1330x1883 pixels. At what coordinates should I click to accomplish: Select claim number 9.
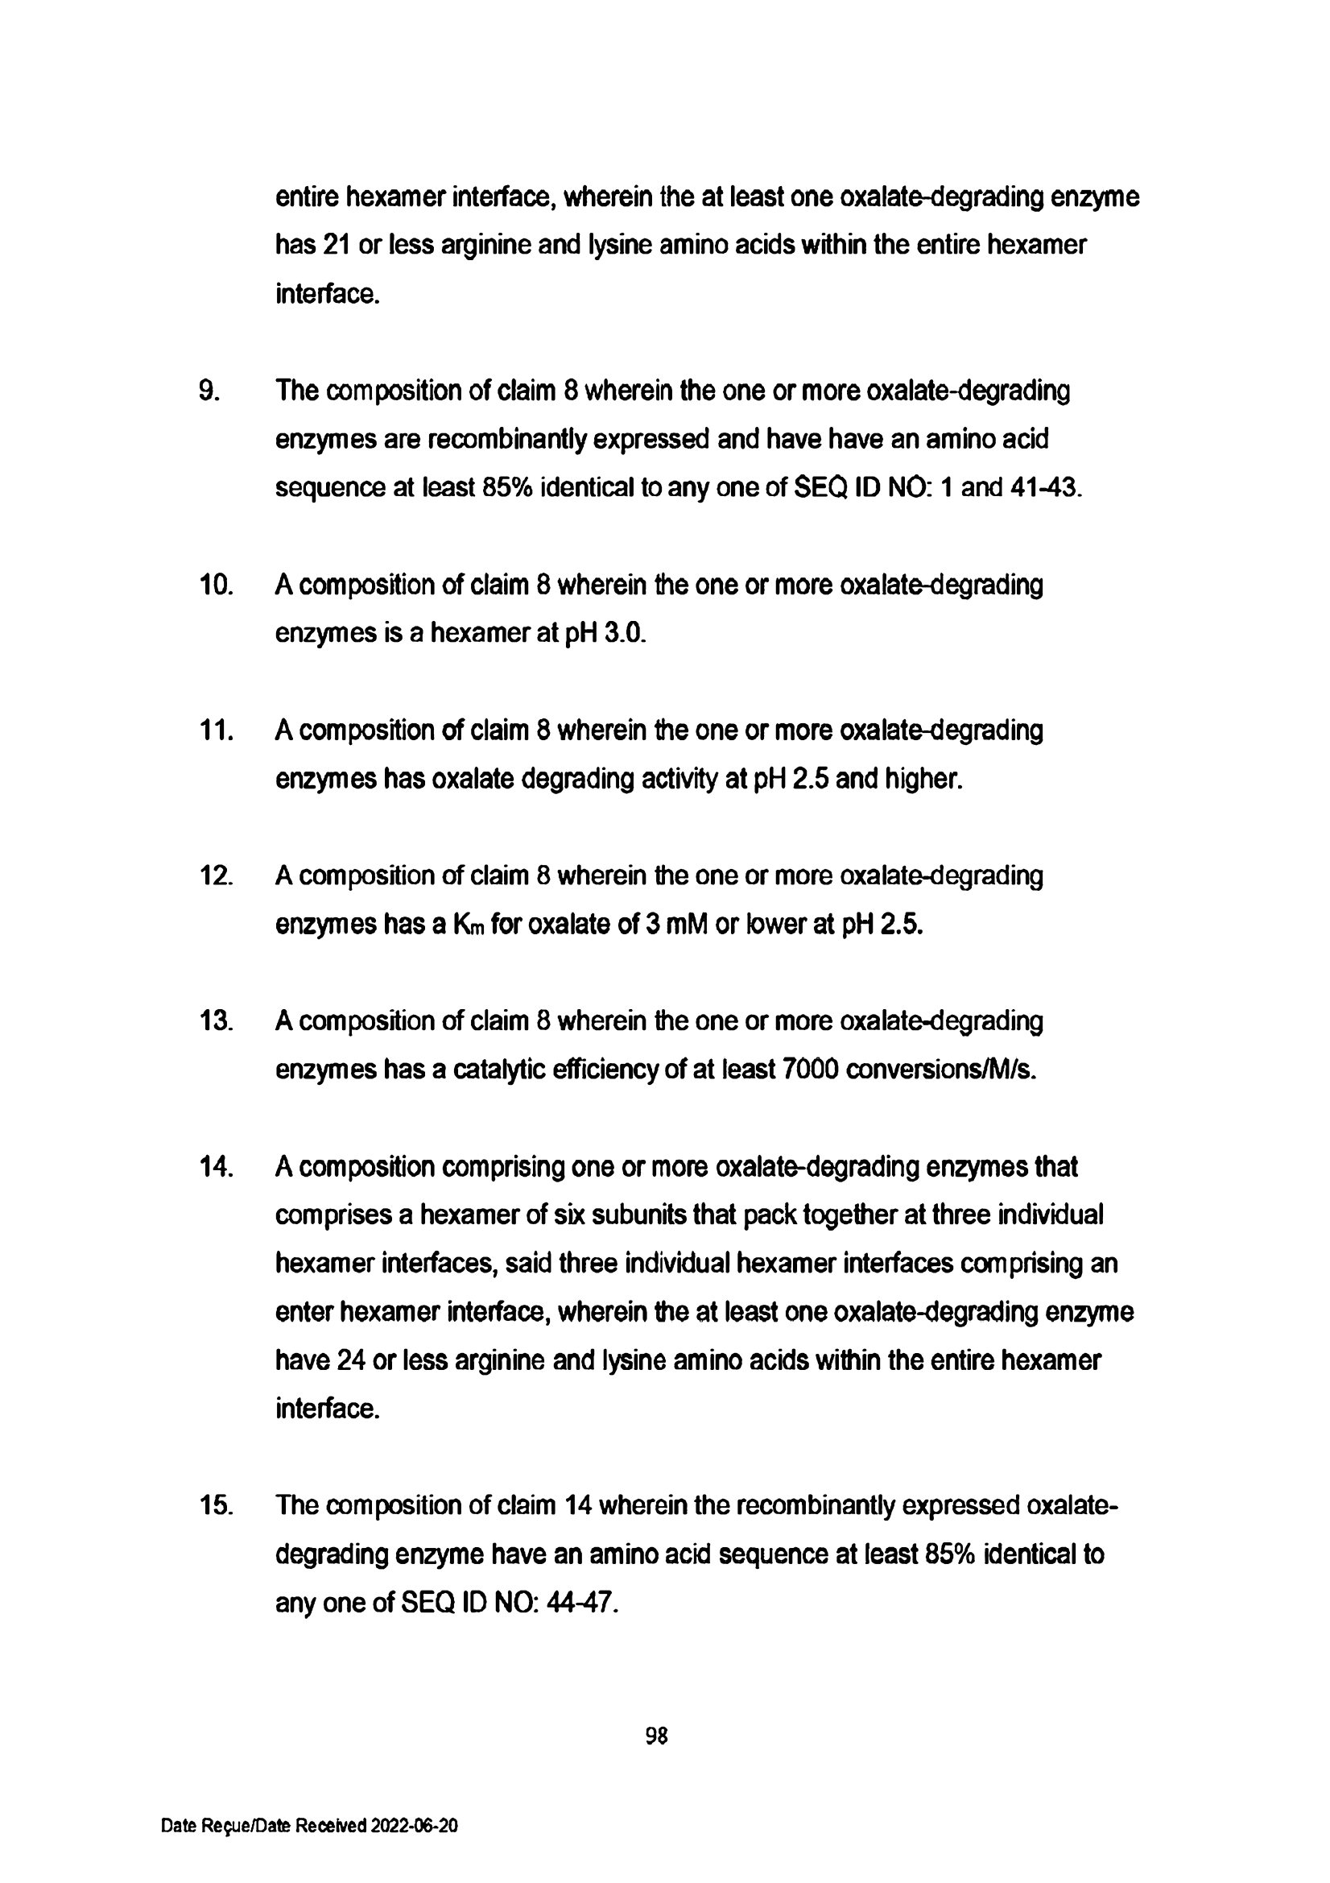(209, 391)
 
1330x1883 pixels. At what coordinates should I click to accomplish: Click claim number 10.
(216, 586)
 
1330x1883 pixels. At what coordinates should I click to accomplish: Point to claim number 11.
(216, 730)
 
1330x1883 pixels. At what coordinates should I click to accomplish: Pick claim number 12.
(216, 876)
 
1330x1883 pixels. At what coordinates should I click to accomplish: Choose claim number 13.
(216, 1021)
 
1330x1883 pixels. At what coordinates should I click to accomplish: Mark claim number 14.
(216, 1166)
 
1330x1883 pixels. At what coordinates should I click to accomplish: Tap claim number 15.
(216, 1506)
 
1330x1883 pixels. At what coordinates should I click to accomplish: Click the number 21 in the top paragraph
(337, 245)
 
